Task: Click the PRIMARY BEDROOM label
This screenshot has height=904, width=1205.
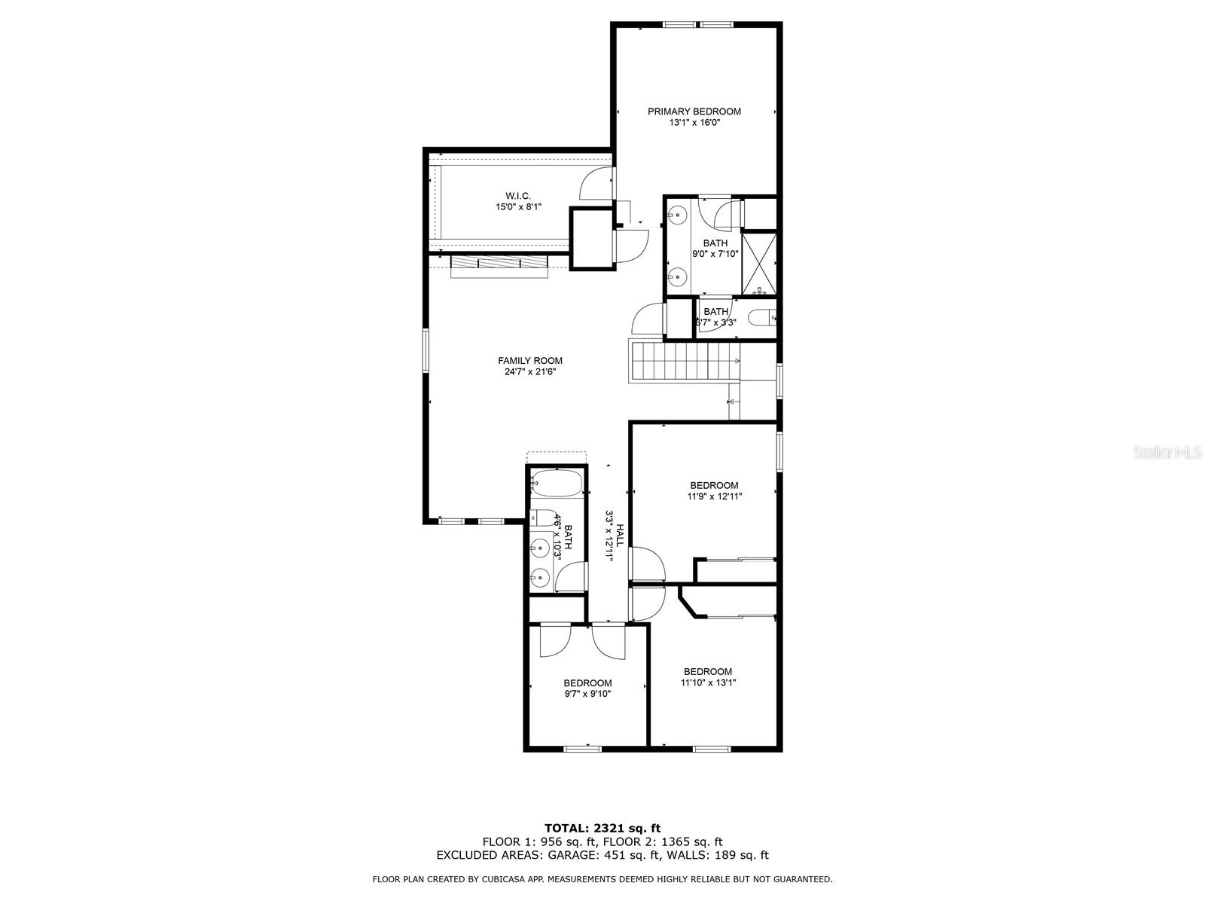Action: coord(694,111)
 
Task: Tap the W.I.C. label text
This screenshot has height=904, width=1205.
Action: coord(518,196)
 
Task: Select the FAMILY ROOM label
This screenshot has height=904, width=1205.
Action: coord(529,361)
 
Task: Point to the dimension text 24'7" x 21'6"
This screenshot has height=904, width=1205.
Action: coord(529,372)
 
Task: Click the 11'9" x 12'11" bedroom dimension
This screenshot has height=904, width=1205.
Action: coord(714,496)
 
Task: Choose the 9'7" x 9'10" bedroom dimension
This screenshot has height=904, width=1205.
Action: coord(587,695)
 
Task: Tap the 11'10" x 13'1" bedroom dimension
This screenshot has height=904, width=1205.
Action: coord(707,683)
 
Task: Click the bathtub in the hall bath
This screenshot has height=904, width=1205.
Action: coord(556,483)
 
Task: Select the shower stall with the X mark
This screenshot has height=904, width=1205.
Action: coord(758,263)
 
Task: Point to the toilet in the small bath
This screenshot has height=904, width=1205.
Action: coord(761,319)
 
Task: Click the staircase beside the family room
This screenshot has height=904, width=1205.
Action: coord(684,362)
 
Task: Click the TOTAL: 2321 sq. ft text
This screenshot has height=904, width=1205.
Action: coord(602,829)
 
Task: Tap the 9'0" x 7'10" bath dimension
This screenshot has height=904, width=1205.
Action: coord(715,254)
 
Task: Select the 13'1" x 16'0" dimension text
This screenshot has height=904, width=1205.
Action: coord(694,123)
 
